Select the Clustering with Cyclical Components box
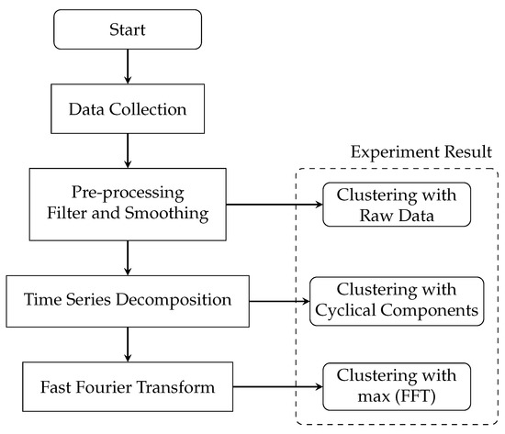(x=397, y=300)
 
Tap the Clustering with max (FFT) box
(x=397, y=386)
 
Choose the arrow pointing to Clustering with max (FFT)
(x=280, y=386)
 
